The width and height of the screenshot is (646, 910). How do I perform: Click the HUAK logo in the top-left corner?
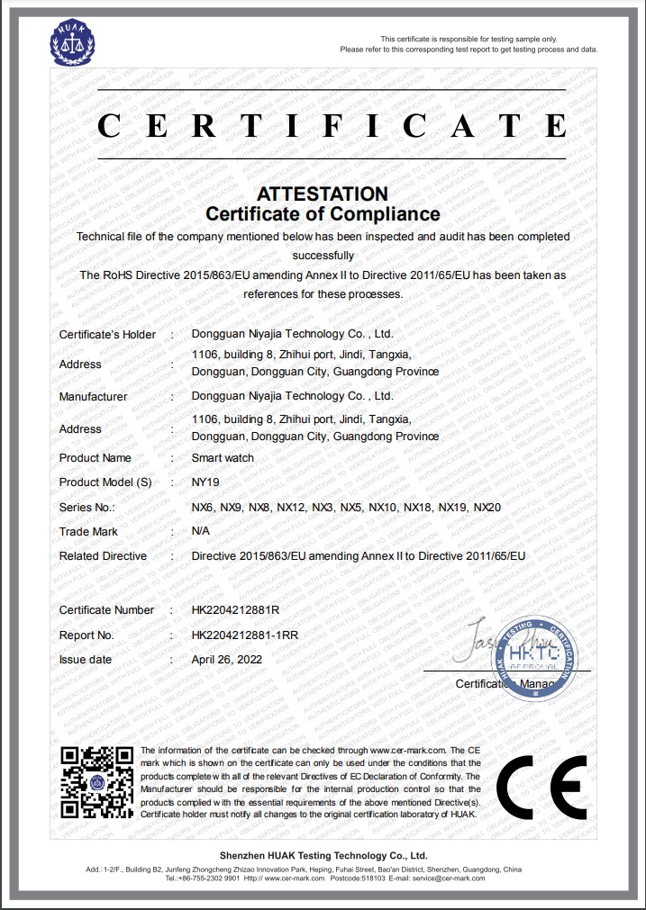(x=71, y=42)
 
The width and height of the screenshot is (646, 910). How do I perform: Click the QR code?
(x=97, y=780)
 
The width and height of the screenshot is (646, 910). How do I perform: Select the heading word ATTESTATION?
(x=323, y=194)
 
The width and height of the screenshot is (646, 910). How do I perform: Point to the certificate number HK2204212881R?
(x=236, y=609)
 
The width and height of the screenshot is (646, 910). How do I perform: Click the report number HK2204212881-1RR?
(x=244, y=635)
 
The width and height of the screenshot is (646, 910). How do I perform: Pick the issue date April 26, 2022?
(x=226, y=659)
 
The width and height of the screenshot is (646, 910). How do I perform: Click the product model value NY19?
(x=205, y=482)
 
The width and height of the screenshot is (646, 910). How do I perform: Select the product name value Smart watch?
(x=223, y=457)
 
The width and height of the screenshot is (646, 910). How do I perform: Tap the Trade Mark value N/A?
(x=202, y=531)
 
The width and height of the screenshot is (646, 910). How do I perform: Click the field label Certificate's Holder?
(x=107, y=334)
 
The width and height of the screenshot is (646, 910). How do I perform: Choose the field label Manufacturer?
(x=93, y=396)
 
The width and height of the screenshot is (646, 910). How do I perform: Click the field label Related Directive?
(x=103, y=556)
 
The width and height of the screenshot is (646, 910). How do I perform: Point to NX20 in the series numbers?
(x=487, y=508)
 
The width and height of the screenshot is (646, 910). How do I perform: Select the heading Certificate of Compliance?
(x=323, y=214)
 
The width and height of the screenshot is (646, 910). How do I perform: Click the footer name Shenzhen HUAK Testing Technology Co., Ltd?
(x=323, y=855)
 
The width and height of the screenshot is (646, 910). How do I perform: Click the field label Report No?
(x=86, y=635)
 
